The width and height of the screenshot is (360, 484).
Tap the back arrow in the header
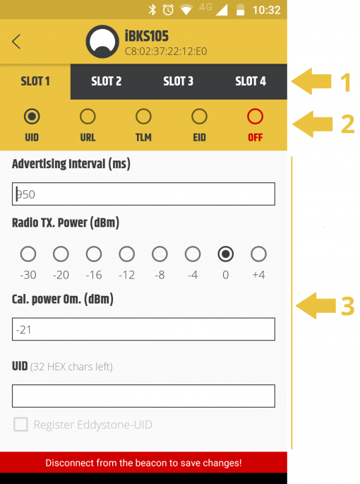tap(16, 42)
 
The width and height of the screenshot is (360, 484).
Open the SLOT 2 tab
tap(107, 81)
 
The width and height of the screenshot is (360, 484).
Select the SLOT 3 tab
tap(179, 81)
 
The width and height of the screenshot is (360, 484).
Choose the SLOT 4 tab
tap(251, 81)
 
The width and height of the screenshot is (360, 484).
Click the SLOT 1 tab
tap(35, 81)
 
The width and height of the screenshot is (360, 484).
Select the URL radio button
tap(88, 117)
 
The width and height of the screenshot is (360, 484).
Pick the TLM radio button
tap(143, 117)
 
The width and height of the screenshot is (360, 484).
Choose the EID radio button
tap(199, 117)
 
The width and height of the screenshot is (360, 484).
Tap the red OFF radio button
tap(255, 117)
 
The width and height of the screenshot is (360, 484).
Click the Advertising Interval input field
tap(143, 194)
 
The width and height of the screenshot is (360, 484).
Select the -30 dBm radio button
tap(28, 254)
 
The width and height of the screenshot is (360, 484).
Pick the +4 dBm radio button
tap(258, 254)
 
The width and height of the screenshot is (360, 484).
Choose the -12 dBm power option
tap(127, 254)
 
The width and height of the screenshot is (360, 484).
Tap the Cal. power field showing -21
tap(143, 329)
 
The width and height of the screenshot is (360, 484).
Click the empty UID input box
tap(143, 396)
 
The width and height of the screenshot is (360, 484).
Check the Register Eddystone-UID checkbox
tap(20, 425)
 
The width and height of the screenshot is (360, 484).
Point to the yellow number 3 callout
tap(347, 306)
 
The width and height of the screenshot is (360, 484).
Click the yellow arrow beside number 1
tap(311, 81)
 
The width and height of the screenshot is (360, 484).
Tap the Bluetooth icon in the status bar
tap(152, 10)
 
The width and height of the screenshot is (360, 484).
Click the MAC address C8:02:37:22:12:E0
tap(166, 52)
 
